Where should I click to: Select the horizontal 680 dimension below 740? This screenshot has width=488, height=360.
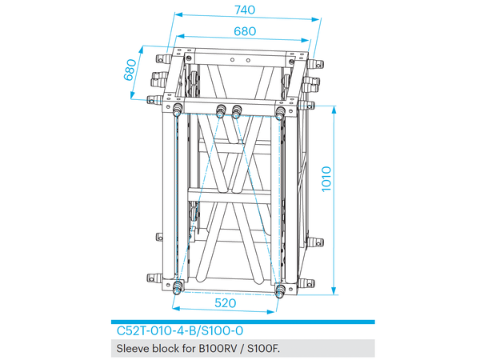click(245, 31)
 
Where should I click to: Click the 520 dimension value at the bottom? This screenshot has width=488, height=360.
click(229, 305)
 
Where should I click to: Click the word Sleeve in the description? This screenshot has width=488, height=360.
click(134, 348)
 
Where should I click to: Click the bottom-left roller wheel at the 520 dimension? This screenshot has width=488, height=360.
click(177, 290)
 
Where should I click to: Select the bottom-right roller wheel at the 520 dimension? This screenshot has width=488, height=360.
click(280, 291)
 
